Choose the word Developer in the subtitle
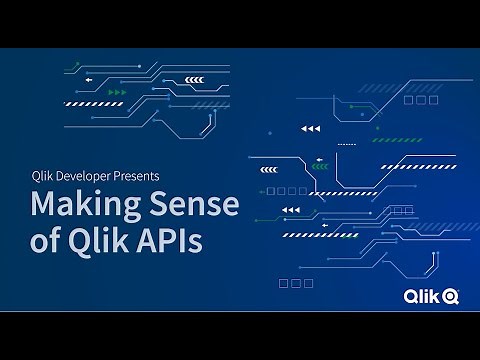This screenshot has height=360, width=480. click(x=86, y=176)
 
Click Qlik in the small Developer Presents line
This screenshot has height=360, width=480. click(x=44, y=176)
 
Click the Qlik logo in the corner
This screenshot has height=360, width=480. click(x=431, y=295)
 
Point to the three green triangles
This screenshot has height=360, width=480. click(x=118, y=92)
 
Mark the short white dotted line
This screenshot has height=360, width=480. click(x=347, y=144)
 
